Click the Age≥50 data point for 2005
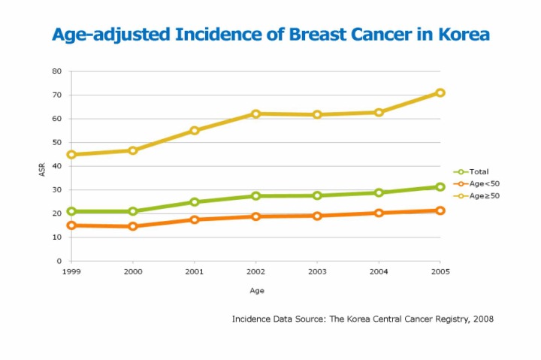pos(440,92)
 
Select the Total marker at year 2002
pos(256,195)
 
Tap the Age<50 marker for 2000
pos(133,226)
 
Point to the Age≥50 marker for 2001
pos(195,130)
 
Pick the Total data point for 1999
pos(71,211)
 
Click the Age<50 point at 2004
pos(379,213)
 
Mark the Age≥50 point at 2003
pos(317,114)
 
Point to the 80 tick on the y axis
pos(56,71)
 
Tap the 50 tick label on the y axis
pos(56,142)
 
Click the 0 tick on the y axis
pos(59,261)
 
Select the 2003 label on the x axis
pos(317,271)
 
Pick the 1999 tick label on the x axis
pos(71,271)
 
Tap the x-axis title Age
pos(257,290)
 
